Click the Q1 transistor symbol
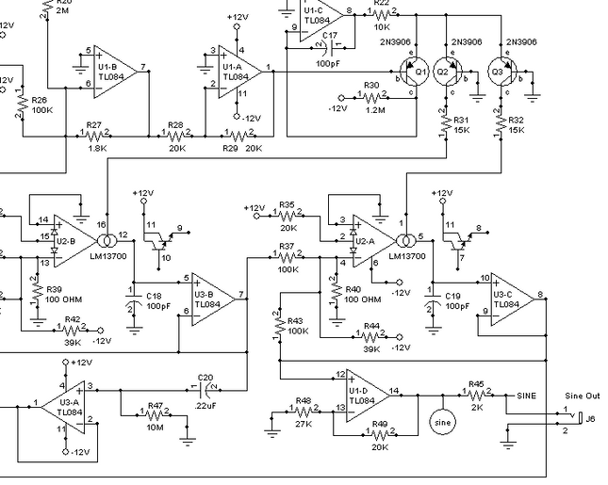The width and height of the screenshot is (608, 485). [413, 72]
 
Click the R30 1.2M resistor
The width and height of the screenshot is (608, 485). [371, 97]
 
